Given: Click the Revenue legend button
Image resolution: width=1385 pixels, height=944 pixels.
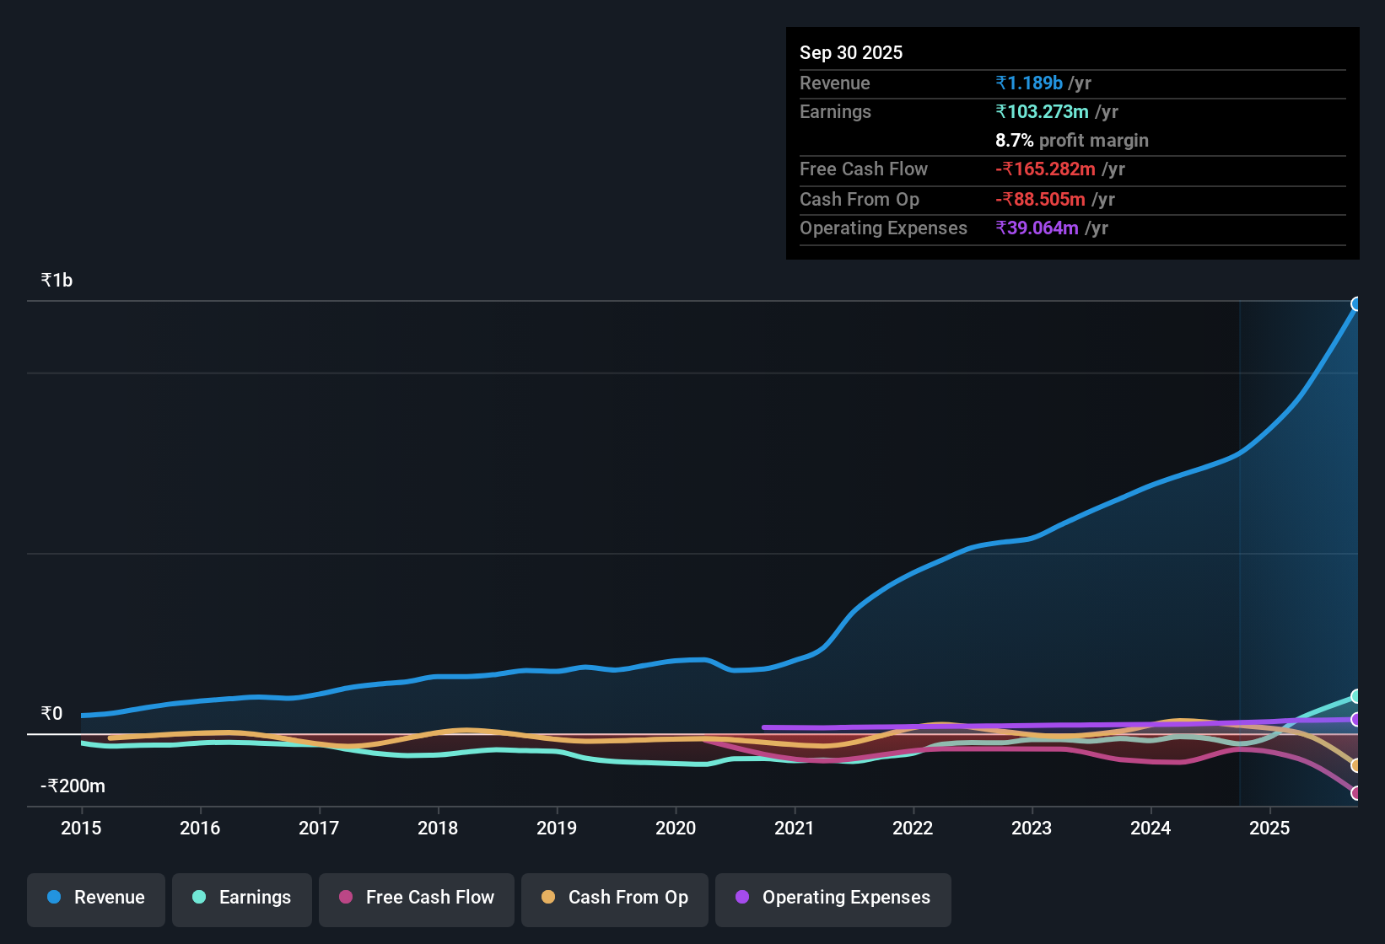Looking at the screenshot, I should [96, 898].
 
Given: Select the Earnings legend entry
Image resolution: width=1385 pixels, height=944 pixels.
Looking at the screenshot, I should [242, 898].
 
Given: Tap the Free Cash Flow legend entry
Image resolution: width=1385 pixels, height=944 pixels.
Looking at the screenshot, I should [417, 898].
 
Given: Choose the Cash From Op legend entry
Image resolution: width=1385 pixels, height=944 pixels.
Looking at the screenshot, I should [615, 898].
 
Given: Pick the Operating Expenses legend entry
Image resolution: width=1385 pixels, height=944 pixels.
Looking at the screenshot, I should [833, 898].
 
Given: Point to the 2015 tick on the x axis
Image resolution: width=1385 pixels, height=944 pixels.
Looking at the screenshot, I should [81, 828].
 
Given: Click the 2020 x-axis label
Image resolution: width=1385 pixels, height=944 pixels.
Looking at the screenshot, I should [676, 828].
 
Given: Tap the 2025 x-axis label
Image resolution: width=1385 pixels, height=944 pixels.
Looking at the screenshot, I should [1269, 828].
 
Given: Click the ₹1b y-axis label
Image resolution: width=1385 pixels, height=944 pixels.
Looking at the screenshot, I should [57, 281].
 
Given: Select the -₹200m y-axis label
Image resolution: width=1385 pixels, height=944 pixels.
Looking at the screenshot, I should [73, 786].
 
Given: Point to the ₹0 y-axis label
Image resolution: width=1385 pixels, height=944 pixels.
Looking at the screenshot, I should [51, 714].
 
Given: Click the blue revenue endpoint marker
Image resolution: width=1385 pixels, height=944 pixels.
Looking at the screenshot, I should [1356, 304].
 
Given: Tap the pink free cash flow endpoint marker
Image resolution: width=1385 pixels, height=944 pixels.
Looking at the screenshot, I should [1356, 793].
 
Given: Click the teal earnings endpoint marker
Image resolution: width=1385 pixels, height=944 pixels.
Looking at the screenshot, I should [1356, 696].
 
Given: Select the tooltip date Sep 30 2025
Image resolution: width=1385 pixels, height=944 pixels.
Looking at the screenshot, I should [851, 52].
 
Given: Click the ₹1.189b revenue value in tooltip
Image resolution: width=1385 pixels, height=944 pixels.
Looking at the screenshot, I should [1028, 83].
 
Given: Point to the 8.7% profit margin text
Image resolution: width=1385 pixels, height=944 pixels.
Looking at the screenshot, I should [1071, 141].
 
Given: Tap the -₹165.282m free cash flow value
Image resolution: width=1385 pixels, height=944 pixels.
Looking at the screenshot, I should [1045, 169].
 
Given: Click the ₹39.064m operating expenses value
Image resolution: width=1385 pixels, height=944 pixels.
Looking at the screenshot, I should [1037, 228].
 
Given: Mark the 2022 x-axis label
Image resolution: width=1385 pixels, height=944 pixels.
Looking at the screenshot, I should [913, 828].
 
